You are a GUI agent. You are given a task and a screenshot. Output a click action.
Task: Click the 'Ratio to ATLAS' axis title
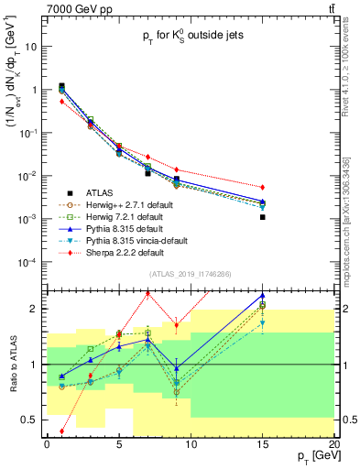tap(12, 364)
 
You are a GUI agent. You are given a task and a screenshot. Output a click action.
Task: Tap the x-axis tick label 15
tap(263, 442)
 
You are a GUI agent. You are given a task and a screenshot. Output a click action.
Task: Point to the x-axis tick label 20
tap(334, 442)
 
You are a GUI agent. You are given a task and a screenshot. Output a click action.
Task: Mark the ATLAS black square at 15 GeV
tap(263, 217)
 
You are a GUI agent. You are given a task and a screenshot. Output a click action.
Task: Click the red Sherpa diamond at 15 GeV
tap(263, 187)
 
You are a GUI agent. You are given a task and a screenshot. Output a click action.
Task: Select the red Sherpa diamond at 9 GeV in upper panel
tap(177, 169)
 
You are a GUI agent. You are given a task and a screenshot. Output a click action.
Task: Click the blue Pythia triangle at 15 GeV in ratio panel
tap(263, 296)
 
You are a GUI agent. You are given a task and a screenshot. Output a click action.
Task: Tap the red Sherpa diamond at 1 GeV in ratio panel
tap(61, 431)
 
